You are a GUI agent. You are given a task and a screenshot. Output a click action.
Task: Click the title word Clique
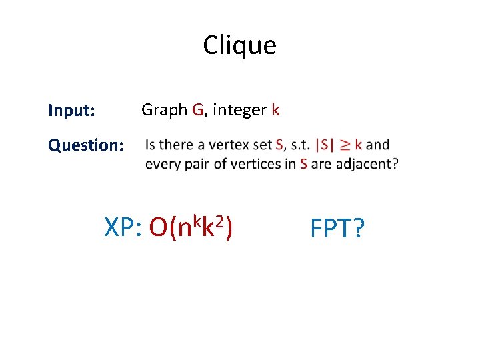pyautogui.click(x=239, y=45)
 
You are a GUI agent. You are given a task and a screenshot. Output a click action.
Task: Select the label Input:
pyautogui.click(x=71, y=111)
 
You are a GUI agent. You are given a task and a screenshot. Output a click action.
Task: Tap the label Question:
pyautogui.click(x=85, y=145)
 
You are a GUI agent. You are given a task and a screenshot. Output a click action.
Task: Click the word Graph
pyautogui.click(x=164, y=111)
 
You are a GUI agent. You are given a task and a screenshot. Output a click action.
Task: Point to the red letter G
pyautogui.click(x=197, y=110)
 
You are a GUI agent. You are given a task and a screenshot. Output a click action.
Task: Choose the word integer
pyautogui.click(x=240, y=111)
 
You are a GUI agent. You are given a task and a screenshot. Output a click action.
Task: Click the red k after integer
pyautogui.click(x=275, y=110)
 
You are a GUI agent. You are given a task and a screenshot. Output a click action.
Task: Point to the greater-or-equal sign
pyautogui.click(x=345, y=145)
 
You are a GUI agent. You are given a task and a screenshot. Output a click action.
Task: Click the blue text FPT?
pyautogui.click(x=337, y=229)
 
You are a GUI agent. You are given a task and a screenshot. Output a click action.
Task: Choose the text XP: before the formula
pyautogui.click(x=124, y=229)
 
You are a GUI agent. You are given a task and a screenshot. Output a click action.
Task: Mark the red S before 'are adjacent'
pyautogui.click(x=304, y=164)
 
